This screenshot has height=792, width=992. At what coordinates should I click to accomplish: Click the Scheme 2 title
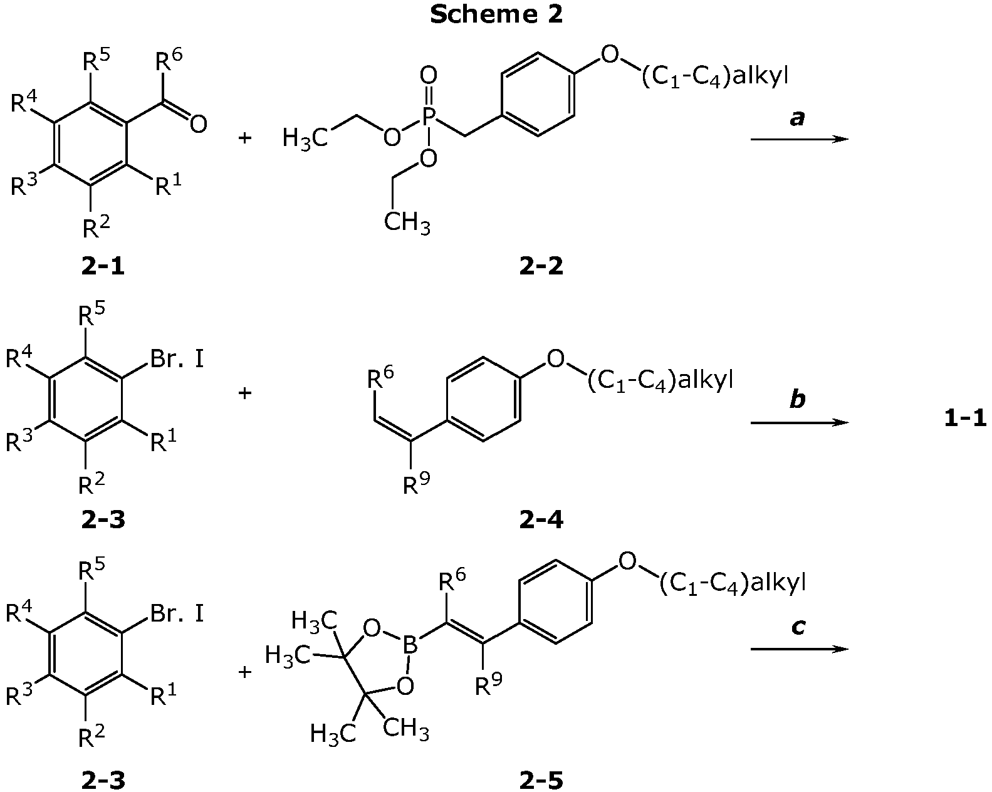[496, 14]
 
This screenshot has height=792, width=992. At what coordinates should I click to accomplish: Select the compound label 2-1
[103, 266]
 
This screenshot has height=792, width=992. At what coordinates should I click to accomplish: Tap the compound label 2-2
[541, 266]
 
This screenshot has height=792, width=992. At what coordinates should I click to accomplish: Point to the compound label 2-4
[541, 521]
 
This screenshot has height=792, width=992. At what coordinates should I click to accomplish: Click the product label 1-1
[965, 419]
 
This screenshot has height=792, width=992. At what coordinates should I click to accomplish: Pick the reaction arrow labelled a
[799, 138]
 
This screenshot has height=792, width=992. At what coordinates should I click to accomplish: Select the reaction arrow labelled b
[799, 423]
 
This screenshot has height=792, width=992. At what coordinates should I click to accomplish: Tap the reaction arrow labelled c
[799, 649]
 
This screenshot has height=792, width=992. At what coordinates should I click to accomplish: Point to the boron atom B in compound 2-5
[410, 646]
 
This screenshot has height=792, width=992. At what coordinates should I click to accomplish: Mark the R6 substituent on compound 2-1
[168, 60]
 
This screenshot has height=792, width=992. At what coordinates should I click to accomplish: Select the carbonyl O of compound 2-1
[198, 125]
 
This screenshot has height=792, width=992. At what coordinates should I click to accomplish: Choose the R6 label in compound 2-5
[452, 581]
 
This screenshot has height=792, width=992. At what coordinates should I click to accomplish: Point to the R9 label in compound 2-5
[489, 685]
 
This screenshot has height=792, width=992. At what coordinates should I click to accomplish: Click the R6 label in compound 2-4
[380, 379]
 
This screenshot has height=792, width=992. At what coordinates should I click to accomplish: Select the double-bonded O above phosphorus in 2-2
[429, 74]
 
